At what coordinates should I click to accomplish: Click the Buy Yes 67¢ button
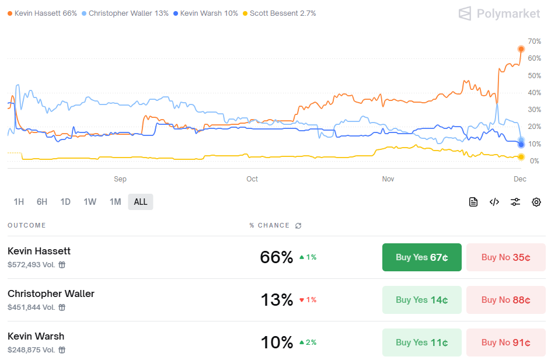point(421,257)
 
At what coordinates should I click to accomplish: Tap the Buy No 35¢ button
point(505,257)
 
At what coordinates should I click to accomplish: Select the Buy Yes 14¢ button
point(421,300)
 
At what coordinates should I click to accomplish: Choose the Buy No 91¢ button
point(505,342)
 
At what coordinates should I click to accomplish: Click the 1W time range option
point(90,202)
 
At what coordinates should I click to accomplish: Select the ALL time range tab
point(141,202)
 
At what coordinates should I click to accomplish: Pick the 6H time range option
point(42,202)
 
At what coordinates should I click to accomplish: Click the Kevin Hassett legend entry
point(42,13)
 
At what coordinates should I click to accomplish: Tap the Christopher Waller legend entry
point(125,13)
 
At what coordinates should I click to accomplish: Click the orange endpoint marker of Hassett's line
point(521,49)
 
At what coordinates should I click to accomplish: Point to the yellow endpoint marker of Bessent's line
point(521,157)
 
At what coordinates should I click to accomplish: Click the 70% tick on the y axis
point(534,41)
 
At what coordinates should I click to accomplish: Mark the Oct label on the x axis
point(252,179)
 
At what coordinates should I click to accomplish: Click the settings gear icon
point(536,202)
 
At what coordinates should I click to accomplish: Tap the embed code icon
point(494,202)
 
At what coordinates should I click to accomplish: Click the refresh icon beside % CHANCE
point(298,225)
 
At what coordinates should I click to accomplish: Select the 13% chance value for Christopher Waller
point(277,300)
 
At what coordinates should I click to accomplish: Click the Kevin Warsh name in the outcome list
point(36,336)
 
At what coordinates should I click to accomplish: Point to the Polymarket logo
point(499,13)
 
